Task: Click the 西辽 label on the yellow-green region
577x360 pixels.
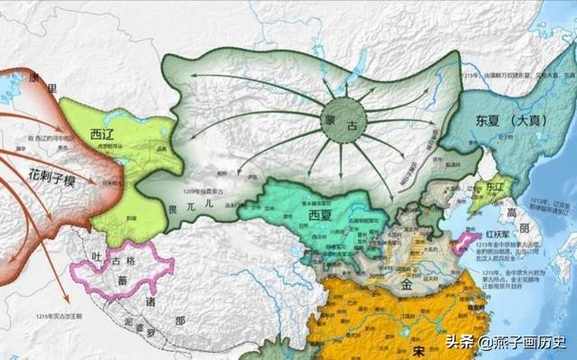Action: pyautogui.click(x=102, y=135)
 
